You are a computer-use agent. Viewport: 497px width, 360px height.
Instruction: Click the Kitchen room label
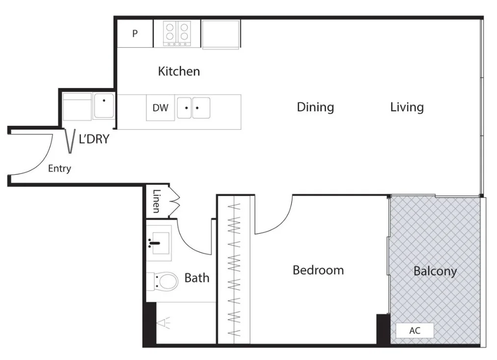tap(179, 71)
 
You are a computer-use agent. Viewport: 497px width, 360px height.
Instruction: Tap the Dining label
tap(315, 107)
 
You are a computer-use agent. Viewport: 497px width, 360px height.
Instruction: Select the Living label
tap(407, 107)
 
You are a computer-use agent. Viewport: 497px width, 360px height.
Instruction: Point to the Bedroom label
tap(318, 270)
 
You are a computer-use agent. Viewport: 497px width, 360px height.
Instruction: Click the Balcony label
tap(435, 271)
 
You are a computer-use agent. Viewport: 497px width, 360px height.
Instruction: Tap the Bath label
tap(196, 278)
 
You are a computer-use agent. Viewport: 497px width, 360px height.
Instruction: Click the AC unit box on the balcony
tap(415, 331)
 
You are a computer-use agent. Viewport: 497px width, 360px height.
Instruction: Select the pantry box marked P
tap(135, 34)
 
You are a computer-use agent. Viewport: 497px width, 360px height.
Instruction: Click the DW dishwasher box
tap(160, 108)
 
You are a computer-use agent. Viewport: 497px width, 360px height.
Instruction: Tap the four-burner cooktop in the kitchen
tap(177, 33)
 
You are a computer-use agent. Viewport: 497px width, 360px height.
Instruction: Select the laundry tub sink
tap(104, 106)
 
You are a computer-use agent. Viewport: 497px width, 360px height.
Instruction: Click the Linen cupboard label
tap(156, 201)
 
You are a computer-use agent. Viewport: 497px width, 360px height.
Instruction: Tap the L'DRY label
tap(94, 139)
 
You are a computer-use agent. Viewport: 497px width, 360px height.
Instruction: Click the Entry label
tap(59, 169)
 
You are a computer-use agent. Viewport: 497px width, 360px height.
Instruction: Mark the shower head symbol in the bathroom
tap(163, 323)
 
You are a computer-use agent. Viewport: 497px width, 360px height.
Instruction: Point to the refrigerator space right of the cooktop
tap(221, 34)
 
